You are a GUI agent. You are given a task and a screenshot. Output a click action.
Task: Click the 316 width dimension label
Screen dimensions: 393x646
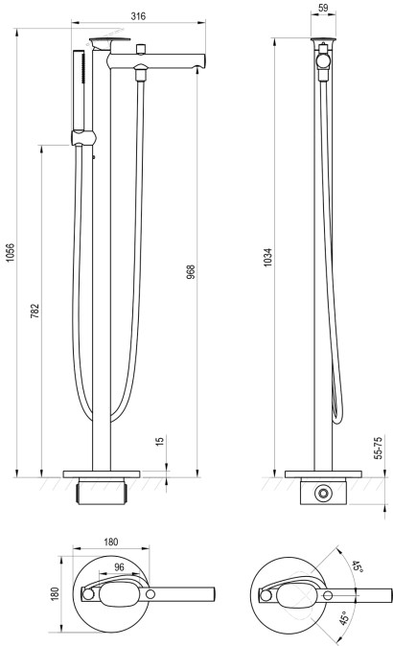[x=138, y=16]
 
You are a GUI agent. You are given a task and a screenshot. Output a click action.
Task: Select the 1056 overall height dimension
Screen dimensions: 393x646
[x=10, y=252]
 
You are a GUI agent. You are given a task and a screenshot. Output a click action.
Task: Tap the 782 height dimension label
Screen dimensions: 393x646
[x=35, y=311]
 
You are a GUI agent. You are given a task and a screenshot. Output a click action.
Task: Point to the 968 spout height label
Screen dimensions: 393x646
[x=191, y=272]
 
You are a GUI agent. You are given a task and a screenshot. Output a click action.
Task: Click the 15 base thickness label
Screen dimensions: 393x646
[x=160, y=441]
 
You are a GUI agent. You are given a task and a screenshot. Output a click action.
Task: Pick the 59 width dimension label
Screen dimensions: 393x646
[x=323, y=8]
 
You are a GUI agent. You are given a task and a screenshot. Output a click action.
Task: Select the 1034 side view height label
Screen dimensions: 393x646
[x=267, y=258]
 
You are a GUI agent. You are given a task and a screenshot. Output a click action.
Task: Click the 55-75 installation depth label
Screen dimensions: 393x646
[x=379, y=449]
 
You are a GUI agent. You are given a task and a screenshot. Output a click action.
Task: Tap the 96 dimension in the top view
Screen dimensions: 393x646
[x=119, y=566]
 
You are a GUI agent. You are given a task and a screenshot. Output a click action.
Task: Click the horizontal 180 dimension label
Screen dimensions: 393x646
[x=111, y=542]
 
